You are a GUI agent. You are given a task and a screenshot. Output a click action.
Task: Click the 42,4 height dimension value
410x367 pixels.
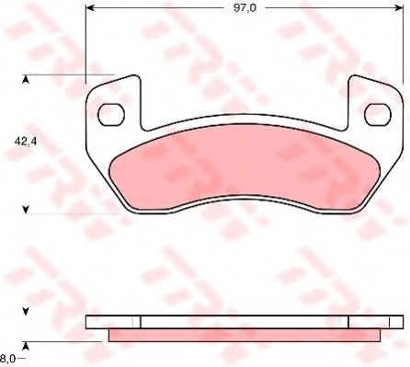click(25, 142)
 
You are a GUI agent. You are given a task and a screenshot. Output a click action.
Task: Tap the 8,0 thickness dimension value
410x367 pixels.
click(7, 352)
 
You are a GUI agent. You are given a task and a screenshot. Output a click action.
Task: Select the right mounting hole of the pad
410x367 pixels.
click(378, 114)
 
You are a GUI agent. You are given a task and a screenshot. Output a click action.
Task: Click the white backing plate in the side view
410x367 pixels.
click(244, 323)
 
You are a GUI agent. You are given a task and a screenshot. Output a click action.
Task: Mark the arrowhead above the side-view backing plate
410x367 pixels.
click(26, 309)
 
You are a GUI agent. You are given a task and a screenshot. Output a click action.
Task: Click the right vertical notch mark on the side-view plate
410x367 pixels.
click(350, 323)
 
